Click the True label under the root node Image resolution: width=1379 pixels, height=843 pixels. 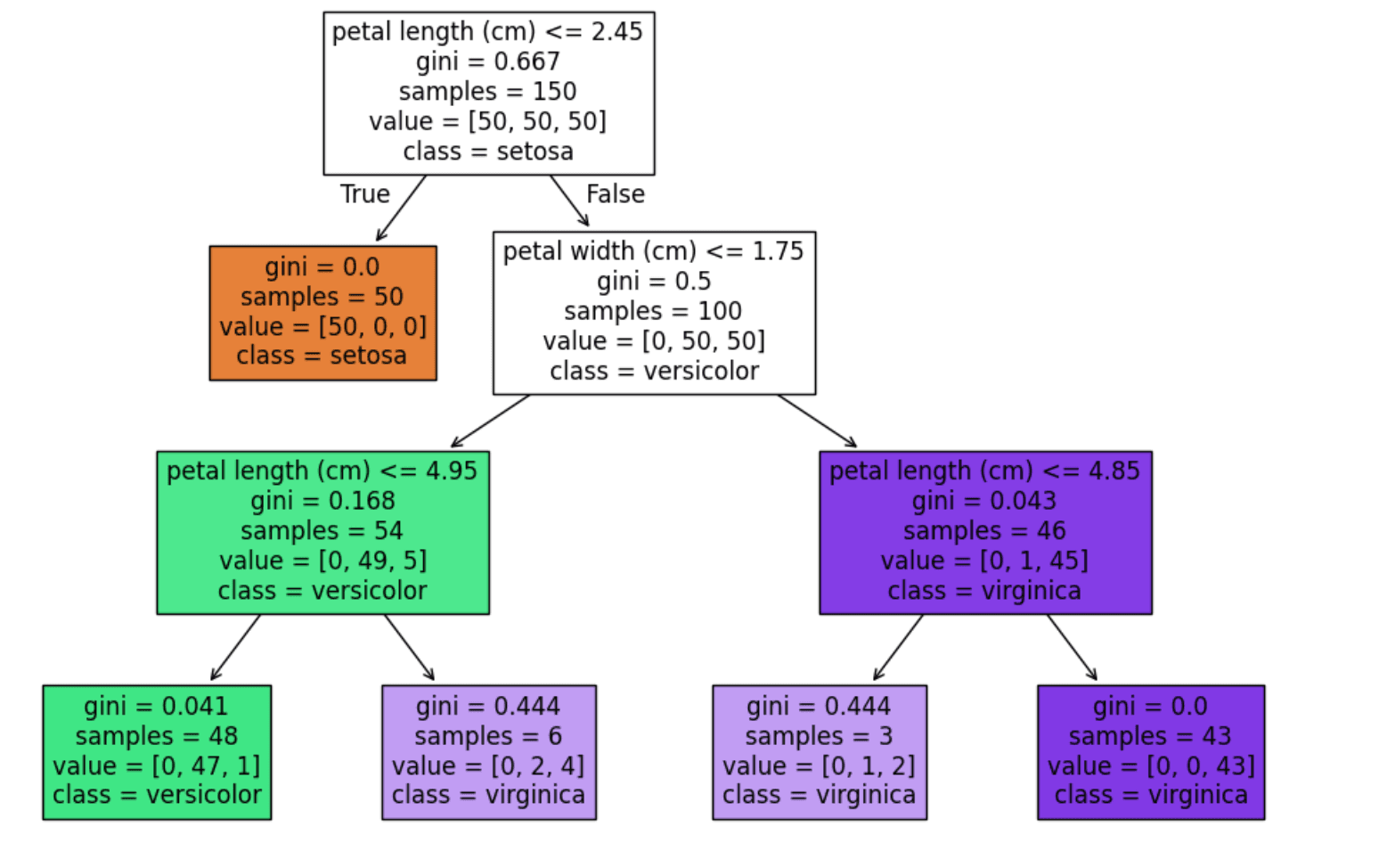pos(365,194)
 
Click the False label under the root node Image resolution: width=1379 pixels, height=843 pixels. pos(615,194)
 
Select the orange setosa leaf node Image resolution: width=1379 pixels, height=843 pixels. pos(322,313)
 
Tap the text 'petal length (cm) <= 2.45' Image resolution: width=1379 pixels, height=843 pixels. pos(487,32)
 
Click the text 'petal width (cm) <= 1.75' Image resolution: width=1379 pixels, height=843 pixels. pos(653,251)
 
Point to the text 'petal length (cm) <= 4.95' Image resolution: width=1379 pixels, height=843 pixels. pos(322,471)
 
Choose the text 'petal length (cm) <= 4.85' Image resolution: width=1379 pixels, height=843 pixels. pos(984,471)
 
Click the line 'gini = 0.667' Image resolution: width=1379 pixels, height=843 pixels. pos(487,61)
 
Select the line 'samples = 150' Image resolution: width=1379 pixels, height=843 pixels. pos(487,92)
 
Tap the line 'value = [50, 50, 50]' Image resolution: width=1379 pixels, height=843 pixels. pos(487,121)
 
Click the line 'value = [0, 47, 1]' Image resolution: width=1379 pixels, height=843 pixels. pos(156,765)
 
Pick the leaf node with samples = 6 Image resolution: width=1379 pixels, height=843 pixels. pos(488,752)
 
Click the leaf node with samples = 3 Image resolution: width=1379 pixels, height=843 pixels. pos(819,752)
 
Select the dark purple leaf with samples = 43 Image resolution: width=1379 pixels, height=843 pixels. pos(1150,752)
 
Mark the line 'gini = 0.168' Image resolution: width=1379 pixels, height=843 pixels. pos(322,501)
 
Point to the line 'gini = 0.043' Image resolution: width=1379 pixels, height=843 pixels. pos(984,501)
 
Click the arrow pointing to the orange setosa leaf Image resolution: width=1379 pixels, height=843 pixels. pos(401,209)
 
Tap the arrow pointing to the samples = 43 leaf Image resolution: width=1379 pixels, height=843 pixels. pos(1072,648)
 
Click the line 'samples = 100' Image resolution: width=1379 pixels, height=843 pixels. pos(653,311)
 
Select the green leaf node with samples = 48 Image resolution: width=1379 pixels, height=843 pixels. pos(156,752)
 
